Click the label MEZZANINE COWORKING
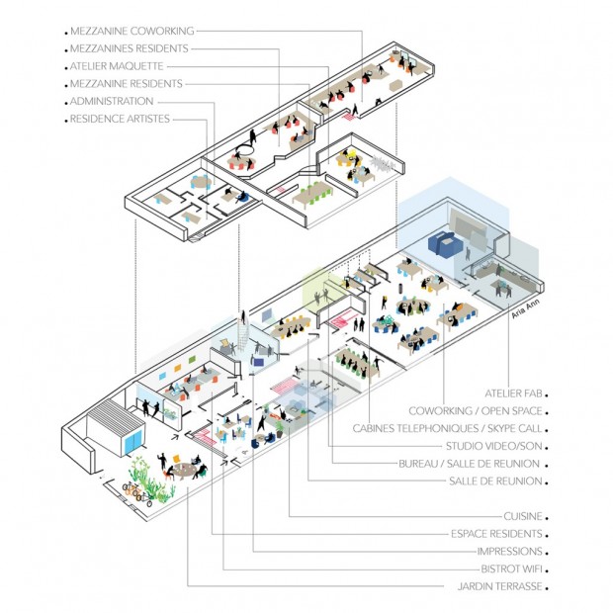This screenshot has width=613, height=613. coord(131,31)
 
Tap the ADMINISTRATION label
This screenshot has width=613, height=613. coord(112,102)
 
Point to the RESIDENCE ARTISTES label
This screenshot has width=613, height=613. coord(120,119)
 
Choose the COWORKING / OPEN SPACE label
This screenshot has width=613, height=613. coord(475,410)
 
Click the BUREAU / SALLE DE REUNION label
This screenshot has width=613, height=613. coord(469,464)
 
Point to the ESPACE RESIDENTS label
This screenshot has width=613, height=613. coord(493,534)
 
